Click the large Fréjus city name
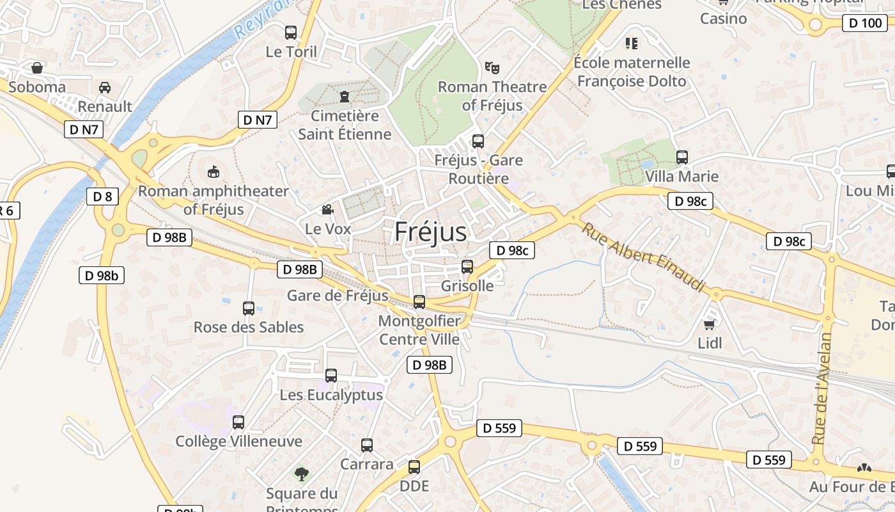(x=430, y=232)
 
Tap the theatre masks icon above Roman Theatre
(x=492, y=67)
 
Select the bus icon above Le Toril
(x=291, y=32)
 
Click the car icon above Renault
(x=105, y=87)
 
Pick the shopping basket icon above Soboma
(x=37, y=67)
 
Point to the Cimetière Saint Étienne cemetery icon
(x=345, y=97)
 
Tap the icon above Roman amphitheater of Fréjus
(x=214, y=172)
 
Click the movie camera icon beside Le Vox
(x=327, y=210)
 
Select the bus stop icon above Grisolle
(x=467, y=267)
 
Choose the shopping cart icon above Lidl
(x=709, y=324)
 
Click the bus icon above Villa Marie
(x=682, y=157)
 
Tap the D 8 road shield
(x=102, y=196)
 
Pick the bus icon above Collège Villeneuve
(x=238, y=422)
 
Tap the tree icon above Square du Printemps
(x=301, y=474)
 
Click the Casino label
(x=723, y=19)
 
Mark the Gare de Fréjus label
(x=338, y=296)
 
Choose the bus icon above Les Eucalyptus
(x=331, y=376)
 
